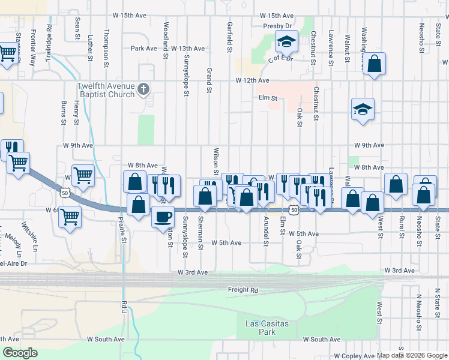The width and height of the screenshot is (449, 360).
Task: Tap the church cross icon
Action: point(143,90)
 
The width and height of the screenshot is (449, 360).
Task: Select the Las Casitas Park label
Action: point(267,328)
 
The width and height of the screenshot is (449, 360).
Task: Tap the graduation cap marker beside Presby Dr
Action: point(287,42)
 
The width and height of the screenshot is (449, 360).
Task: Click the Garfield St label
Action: point(229,37)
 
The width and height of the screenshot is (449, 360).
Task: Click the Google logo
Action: point(20,353)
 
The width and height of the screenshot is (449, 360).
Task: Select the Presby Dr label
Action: point(277,26)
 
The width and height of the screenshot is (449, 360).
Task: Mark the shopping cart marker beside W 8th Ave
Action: point(83,175)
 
